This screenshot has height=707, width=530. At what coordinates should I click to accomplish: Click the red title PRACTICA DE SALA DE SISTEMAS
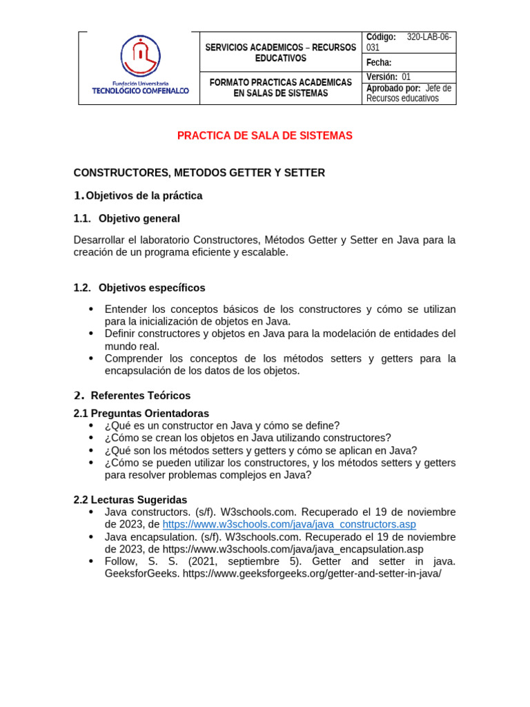coord(264,136)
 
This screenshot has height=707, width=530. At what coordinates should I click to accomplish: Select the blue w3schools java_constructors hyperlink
coord(289,525)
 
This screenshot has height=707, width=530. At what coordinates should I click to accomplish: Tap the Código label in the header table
coord(381,37)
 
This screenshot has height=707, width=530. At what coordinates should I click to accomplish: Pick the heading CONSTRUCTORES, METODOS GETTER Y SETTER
coord(199,173)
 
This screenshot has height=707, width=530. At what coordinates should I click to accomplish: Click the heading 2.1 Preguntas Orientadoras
coord(141,414)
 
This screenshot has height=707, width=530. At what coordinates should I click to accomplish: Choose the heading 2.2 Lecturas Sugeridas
coord(130,499)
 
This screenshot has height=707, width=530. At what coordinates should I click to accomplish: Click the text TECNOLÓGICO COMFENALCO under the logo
coord(140,91)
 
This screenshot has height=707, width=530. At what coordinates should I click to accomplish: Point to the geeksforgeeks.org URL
coord(311,574)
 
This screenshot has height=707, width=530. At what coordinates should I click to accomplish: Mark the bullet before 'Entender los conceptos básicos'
coord(91,309)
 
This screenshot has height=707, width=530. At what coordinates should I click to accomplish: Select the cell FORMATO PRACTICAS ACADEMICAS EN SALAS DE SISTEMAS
coord(280,88)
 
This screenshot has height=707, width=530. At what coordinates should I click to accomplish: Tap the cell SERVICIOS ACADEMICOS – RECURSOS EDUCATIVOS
coord(280,52)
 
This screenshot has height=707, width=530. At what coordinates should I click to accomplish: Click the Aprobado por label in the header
coord(393,88)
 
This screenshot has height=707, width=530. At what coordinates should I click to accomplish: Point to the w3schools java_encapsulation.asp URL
coord(293,550)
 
